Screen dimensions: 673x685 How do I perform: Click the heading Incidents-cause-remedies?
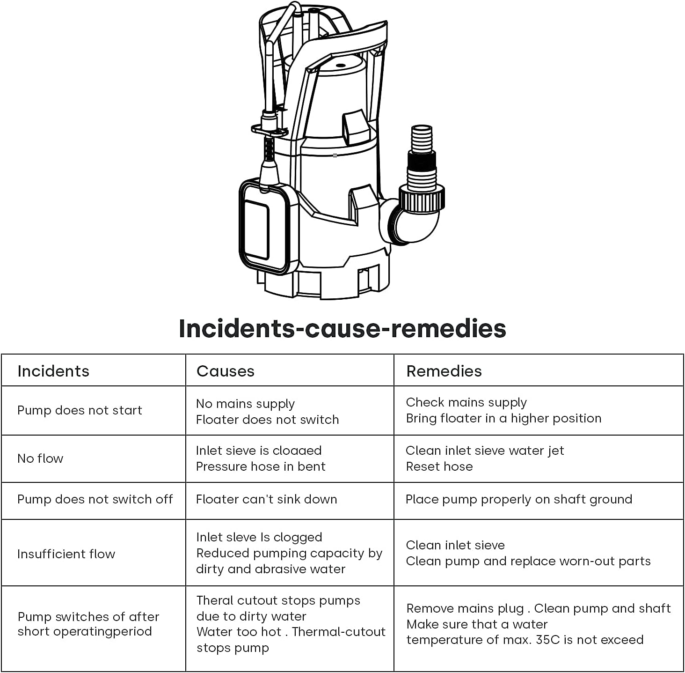342,328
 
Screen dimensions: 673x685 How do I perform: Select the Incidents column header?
53,371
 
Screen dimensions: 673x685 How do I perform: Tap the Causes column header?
225,371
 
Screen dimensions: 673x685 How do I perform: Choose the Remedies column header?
444,371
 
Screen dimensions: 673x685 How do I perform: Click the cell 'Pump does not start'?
80,410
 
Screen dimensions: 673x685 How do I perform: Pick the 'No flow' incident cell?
40,459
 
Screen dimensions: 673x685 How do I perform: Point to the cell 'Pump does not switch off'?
95,499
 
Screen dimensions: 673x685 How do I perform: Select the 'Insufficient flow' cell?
66,554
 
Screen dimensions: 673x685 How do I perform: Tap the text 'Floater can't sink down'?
266,499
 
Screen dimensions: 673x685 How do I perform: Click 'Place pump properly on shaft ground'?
518,499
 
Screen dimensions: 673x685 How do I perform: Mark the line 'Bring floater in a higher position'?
503,418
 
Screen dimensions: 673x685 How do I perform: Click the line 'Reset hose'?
439,466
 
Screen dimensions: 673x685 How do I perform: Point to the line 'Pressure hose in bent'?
261,466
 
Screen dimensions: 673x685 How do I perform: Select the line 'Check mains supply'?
466,402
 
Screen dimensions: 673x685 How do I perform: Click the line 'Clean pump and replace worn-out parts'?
528,561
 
